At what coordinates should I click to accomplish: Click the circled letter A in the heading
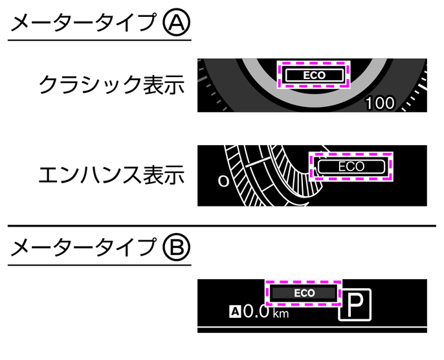click(177, 23)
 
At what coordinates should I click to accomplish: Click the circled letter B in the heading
click(177, 247)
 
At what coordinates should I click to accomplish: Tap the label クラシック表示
click(111, 84)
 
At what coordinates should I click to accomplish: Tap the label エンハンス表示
click(111, 174)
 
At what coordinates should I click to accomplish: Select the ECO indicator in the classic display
click(315, 75)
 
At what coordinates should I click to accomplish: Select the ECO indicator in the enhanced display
click(351, 166)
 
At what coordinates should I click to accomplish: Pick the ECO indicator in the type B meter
click(304, 293)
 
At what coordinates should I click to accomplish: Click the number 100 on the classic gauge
click(380, 103)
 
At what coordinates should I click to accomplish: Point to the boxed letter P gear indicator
click(355, 304)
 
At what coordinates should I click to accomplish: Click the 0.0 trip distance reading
click(256, 311)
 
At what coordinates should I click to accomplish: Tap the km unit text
click(281, 313)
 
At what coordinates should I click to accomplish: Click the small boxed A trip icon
click(235, 311)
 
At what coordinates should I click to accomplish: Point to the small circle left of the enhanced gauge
click(223, 181)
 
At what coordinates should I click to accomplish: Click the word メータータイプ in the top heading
click(83, 23)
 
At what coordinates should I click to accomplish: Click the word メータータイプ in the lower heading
click(83, 247)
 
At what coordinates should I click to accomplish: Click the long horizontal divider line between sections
click(222, 226)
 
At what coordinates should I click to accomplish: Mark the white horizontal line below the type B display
click(312, 327)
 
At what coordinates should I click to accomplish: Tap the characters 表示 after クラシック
click(164, 84)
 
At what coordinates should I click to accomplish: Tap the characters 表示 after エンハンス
click(164, 174)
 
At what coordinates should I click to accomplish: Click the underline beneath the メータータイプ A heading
click(100, 40)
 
